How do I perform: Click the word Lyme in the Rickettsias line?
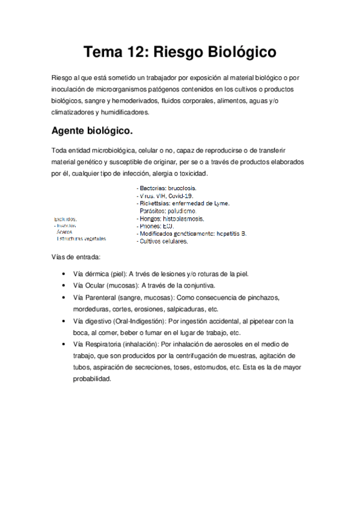[221, 203]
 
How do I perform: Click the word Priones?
[151, 226]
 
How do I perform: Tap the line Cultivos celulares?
[163, 241]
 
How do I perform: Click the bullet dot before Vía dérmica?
[64, 274]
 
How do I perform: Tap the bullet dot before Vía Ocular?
[64, 285]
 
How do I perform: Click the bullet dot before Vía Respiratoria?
[64, 344]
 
